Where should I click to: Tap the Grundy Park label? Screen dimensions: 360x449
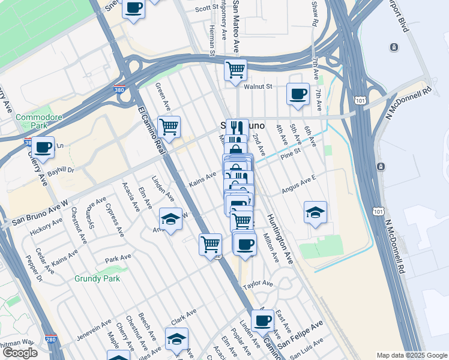[x=97, y=278]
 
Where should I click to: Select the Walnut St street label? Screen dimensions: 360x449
[x=262, y=86]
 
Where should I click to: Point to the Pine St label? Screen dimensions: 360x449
[x=289, y=155]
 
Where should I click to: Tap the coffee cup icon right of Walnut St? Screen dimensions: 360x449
[x=298, y=94]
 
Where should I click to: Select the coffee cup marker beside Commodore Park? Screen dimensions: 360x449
[x=43, y=147]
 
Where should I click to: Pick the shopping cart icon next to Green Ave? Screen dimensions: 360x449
[x=169, y=127]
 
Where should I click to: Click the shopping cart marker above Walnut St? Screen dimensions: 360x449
[x=236, y=70]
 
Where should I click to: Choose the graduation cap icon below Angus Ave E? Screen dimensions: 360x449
[x=315, y=212]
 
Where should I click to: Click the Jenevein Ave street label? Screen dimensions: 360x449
[x=94, y=330]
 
